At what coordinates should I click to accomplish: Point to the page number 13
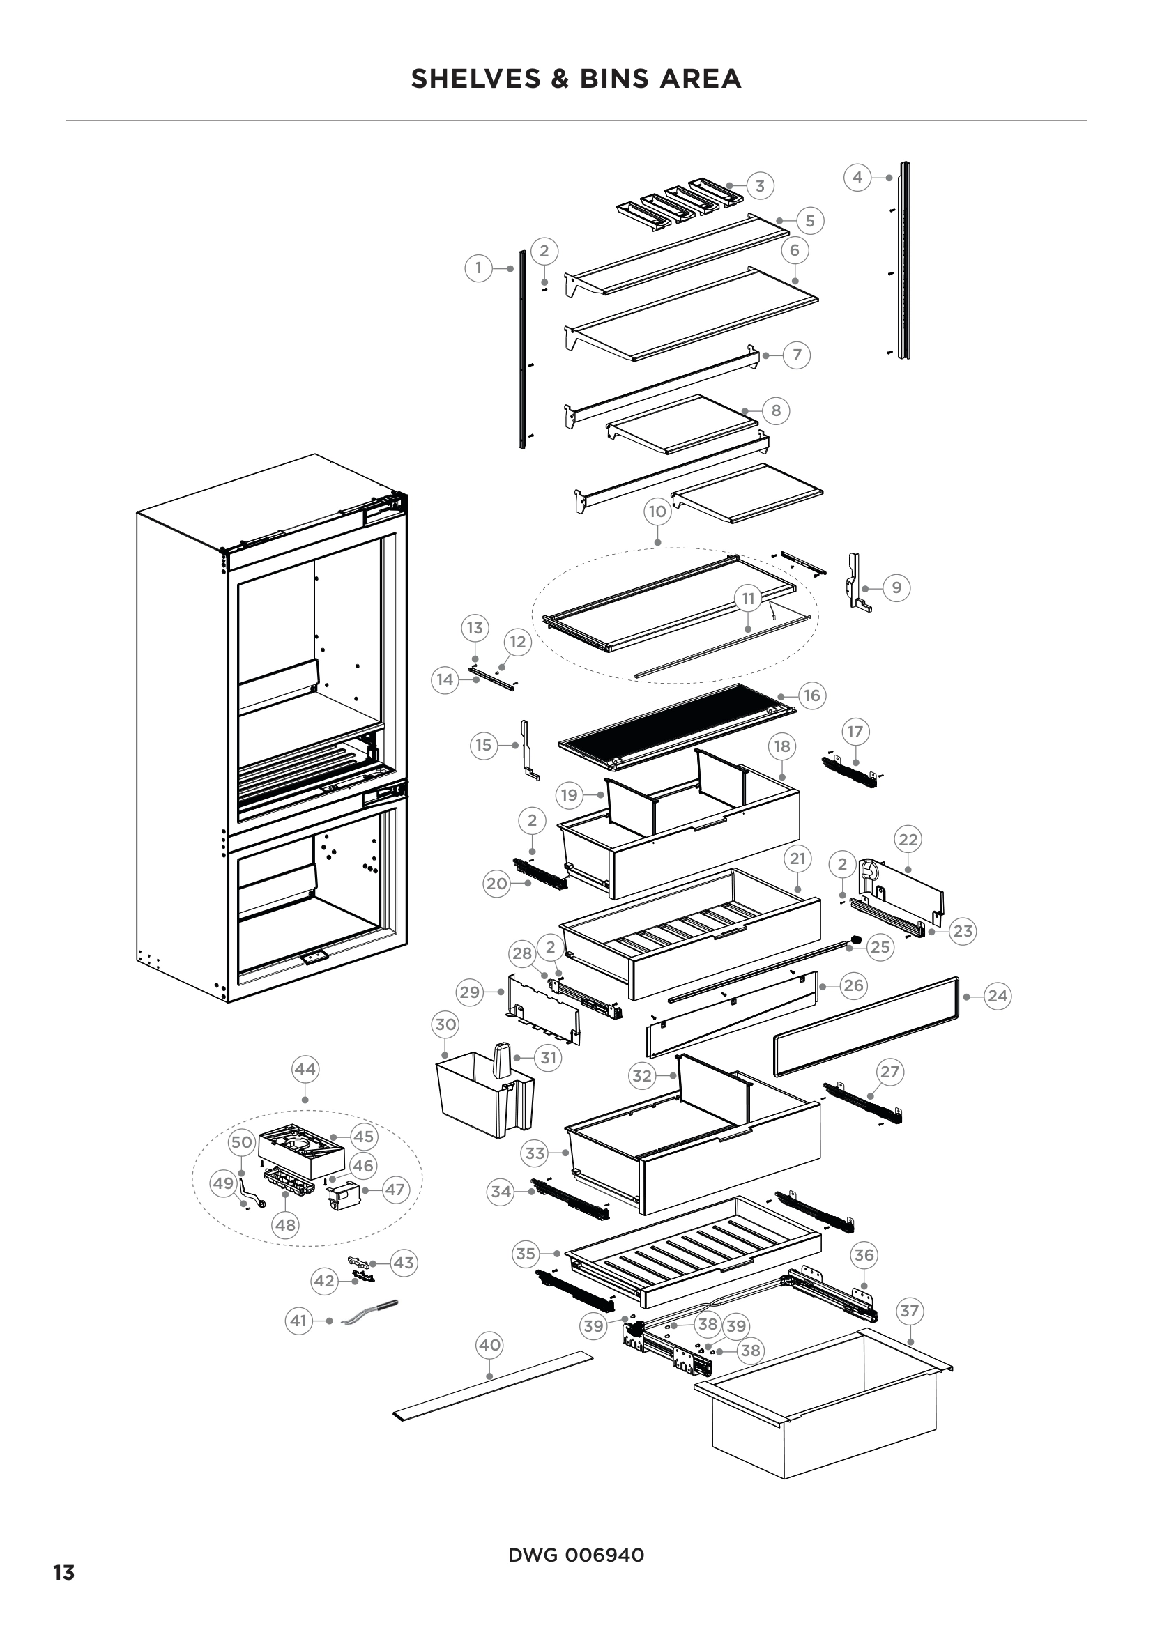(64, 1567)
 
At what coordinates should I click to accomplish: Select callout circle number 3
(760, 186)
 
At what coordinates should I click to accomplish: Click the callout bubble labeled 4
(857, 177)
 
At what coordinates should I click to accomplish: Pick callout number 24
(997, 996)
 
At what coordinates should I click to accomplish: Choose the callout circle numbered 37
(910, 1311)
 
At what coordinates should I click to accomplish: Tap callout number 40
(490, 1344)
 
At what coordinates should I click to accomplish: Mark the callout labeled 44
(305, 1069)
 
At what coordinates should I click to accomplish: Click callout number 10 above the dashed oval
(657, 511)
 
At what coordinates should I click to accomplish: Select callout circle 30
(445, 1024)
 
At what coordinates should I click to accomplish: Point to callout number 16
(811, 695)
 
